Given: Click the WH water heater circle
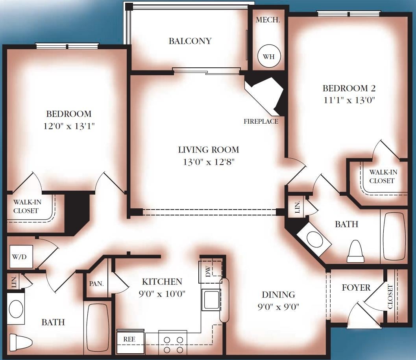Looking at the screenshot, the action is (x=268, y=56).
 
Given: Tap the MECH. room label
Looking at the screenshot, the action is (x=268, y=20).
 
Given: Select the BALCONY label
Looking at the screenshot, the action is (x=190, y=41).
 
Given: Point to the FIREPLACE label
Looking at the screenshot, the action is (x=261, y=121).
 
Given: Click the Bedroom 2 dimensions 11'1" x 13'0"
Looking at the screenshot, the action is (x=349, y=100).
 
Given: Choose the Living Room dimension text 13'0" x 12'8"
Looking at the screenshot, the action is (x=209, y=161).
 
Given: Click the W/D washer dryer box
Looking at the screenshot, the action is (x=21, y=256).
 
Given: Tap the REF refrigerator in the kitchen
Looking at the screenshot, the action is (x=130, y=341).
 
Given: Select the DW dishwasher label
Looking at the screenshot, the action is (x=208, y=271).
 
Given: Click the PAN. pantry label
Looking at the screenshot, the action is (x=96, y=284).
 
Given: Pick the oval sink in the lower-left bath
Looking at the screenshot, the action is (x=16, y=308).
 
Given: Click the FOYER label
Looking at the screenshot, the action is (x=356, y=288).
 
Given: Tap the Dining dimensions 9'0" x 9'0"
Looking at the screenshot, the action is (x=278, y=307).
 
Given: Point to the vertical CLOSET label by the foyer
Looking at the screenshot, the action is (x=390, y=297).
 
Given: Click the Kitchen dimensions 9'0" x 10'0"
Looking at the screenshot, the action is (x=162, y=294).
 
